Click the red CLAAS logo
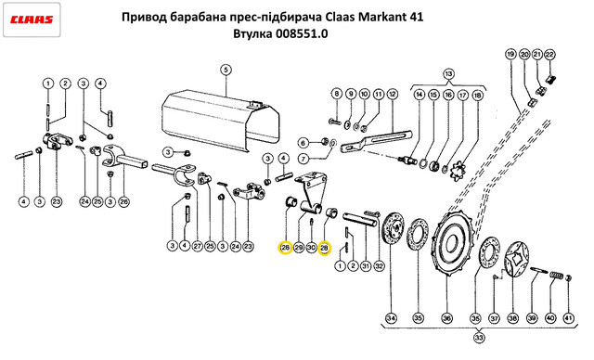pyautogui.click(x=32, y=19)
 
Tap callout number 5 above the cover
pyautogui.click(x=226, y=70)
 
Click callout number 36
pyautogui.click(x=446, y=318)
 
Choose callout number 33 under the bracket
pyautogui.click(x=479, y=338)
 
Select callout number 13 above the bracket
pyautogui.click(x=448, y=74)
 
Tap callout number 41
pyautogui.click(x=569, y=318)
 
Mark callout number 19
pyautogui.click(x=510, y=55)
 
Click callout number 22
pyautogui.click(x=549, y=55)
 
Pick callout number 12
pyautogui.click(x=392, y=94)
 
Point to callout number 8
pyautogui.click(x=336, y=94)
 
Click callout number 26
pyautogui.click(x=123, y=201)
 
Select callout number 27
pyautogui.click(x=197, y=246)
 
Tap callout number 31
pyautogui.click(x=365, y=266)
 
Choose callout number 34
pyautogui.click(x=391, y=318)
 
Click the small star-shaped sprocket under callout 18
pyautogui.click(x=460, y=172)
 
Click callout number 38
pyautogui.click(x=512, y=318)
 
